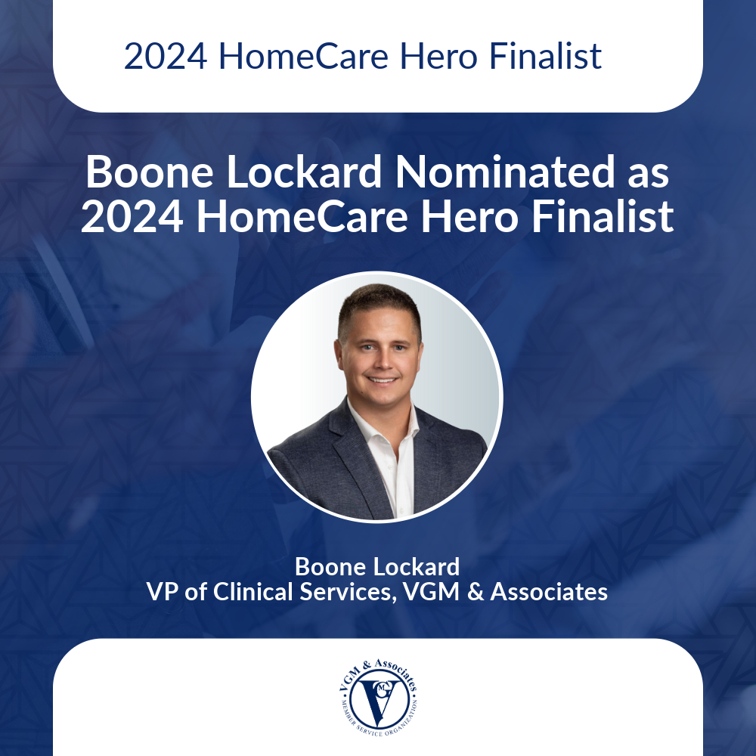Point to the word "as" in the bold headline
click(x=649, y=174)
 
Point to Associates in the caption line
click(x=549, y=591)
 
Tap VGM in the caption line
click(x=432, y=591)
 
